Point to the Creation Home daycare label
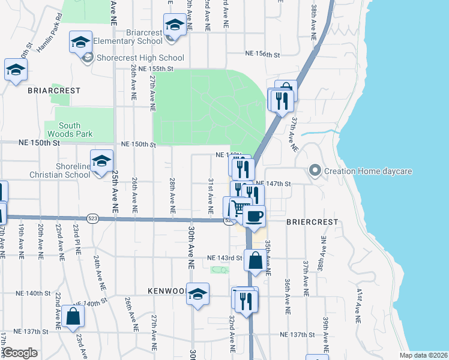[x=367, y=171]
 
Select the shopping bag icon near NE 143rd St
[x=255, y=261]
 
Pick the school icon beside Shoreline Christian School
[x=102, y=161]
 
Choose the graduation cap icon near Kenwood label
[x=197, y=294]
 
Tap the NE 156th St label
[x=262, y=54]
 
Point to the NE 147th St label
[x=273, y=184]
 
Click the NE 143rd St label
[x=224, y=258]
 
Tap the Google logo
[x=20, y=353]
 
